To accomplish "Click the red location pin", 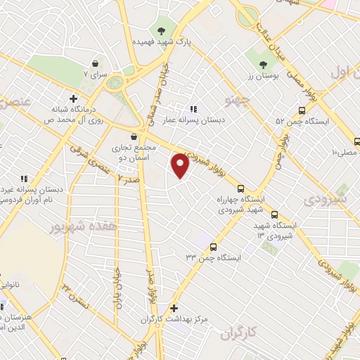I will tap(180, 165).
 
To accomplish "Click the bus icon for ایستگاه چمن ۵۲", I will tap(302, 110).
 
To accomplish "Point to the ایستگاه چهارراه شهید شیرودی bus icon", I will tap(241, 188).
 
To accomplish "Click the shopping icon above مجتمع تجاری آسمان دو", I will tap(134, 136).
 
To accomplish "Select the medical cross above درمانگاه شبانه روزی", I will tap(73, 98).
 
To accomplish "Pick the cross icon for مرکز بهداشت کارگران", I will tap(174, 308).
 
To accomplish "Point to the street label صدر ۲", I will tap(125, 180).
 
